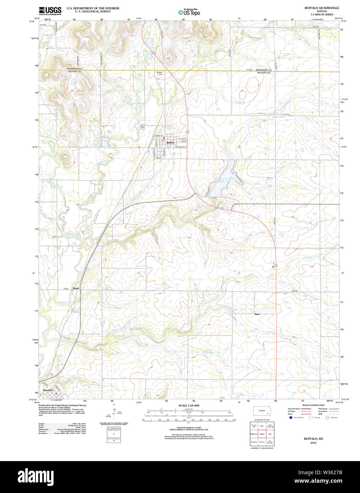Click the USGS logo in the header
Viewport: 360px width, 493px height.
tap(50, 10)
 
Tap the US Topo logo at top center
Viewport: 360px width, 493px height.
tap(189, 12)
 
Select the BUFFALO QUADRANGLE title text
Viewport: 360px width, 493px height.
tap(321, 8)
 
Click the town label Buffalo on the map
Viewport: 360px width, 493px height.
tap(170, 143)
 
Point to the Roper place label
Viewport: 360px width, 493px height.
tap(76, 288)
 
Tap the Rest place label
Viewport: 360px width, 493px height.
tap(257, 314)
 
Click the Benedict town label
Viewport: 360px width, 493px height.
tap(48, 390)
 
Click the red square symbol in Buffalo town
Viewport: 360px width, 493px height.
tap(164, 138)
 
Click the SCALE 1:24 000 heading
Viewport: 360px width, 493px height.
tap(189, 405)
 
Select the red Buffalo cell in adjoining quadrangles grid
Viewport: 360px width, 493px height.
tap(262, 434)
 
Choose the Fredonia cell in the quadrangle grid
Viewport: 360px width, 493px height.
tap(254, 442)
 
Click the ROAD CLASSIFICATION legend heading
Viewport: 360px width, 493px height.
tap(313, 405)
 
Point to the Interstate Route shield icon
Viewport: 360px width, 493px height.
tap(290, 417)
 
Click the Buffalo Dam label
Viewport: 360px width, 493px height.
tap(160, 73)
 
